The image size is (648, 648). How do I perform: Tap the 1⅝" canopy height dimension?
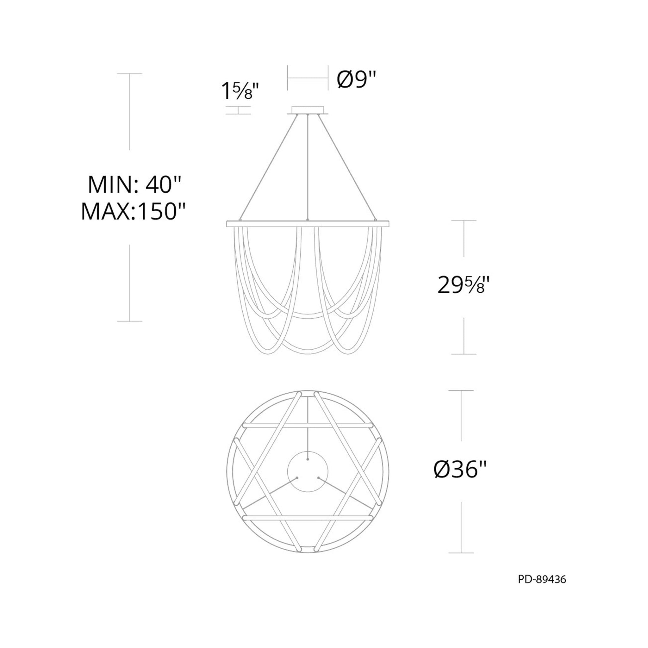click(240, 91)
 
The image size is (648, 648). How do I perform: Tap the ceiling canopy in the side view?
click(308, 111)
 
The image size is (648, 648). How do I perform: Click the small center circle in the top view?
click(308, 473)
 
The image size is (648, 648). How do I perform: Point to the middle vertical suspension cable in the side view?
click(308, 168)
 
